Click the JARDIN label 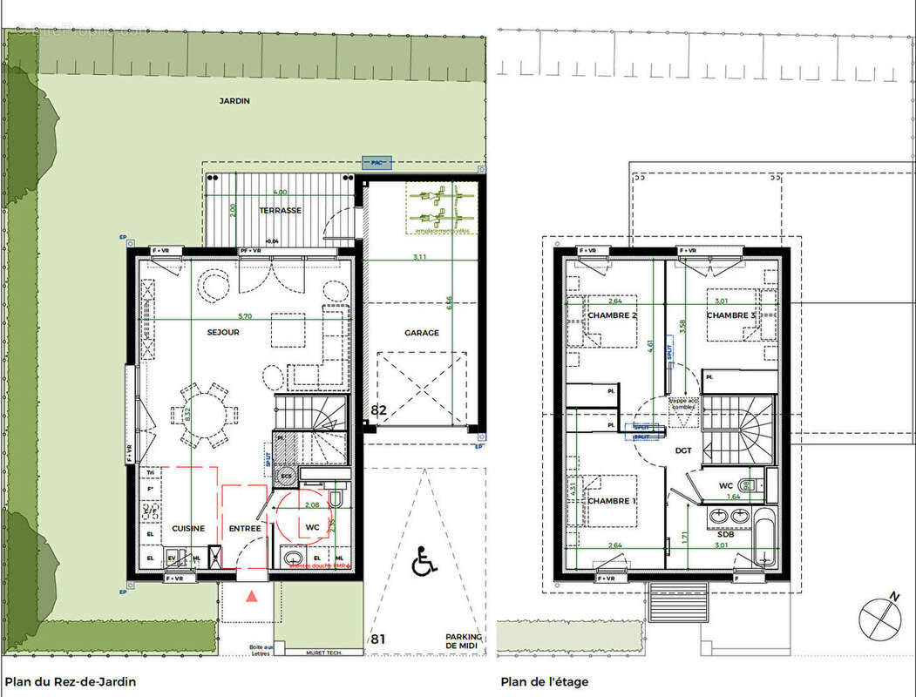click(x=234, y=101)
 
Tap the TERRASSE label click(x=280, y=211)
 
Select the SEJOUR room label click(x=223, y=332)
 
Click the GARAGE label click(x=421, y=333)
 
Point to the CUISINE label click(x=188, y=528)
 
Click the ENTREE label click(x=245, y=528)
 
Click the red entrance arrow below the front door click(x=252, y=597)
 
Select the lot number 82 click(x=379, y=409)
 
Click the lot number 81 click(x=378, y=639)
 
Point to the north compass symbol click(x=879, y=617)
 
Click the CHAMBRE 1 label click(x=611, y=501)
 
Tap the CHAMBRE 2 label click(x=612, y=315)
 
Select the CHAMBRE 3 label click(x=730, y=315)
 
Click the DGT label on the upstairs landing click(x=682, y=451)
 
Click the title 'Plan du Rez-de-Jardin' click(x=71, y=682)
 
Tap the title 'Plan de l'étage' click(x=545, y=682)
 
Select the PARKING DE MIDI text click(x=464, y=642)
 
